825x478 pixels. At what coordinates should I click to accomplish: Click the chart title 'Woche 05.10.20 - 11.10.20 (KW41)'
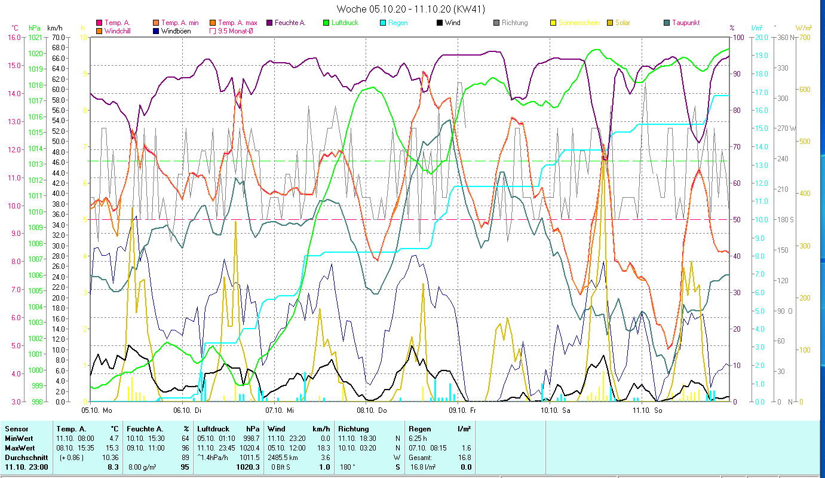[x=410, y=9]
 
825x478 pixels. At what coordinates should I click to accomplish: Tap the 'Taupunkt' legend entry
[x=685, y=23]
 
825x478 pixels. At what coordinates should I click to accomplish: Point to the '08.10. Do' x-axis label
[x=376, y=410]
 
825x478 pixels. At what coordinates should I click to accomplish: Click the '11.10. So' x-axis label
[x=652, y=410]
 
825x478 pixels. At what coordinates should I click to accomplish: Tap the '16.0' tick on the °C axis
[x=14, y=37]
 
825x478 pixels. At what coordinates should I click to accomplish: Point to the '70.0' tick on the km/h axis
[x=58, y=37]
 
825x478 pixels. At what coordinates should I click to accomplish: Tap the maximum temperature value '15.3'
[x=113, y=448]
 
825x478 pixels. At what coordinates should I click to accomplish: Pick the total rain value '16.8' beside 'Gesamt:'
[x=465, y=457]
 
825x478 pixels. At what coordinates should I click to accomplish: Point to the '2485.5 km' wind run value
[x=283, y=457]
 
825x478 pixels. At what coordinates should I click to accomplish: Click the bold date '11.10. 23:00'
[x=26, y=467]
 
